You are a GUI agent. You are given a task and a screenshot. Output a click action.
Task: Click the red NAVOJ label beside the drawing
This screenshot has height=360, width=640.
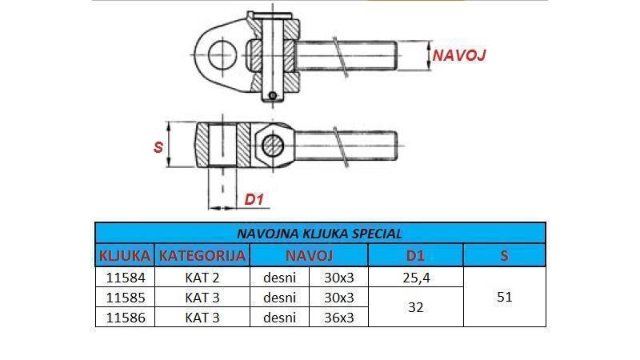tap(458, 55)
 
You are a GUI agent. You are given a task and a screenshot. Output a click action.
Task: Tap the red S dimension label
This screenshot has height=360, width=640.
tap(158, 146)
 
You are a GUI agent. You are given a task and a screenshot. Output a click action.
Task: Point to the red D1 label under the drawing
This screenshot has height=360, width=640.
tap(254, 199)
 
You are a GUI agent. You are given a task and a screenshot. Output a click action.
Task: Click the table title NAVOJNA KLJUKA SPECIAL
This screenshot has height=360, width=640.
tap(320, 234)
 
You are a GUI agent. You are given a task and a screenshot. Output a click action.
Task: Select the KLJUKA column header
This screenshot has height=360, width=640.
tap(124, 256)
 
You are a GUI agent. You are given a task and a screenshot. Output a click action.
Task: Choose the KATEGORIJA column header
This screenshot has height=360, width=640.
tap(202, 256)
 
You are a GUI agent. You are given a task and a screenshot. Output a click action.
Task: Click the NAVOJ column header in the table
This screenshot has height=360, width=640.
tap(308, 256)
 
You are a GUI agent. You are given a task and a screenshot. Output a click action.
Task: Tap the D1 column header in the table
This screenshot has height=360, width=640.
tap(415, 256)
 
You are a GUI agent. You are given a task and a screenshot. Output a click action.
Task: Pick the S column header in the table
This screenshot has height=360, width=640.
tap(504, 256)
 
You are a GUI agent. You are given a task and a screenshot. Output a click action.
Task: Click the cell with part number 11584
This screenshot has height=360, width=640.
tap(124, 278)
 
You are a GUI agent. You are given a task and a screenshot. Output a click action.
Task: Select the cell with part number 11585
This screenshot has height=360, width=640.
tap(124, 298)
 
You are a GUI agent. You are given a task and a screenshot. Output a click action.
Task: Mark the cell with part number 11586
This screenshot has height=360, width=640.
tap(124, 318)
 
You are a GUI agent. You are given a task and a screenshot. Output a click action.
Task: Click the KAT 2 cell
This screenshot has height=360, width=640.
tap(202, 278)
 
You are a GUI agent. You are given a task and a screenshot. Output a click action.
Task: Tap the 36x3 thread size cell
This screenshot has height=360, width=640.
tap(338, 318)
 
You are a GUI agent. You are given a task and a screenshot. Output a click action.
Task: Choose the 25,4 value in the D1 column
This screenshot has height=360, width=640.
tap(415, 278)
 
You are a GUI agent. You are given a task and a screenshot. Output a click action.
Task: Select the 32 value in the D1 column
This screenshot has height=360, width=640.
tap(415, 307)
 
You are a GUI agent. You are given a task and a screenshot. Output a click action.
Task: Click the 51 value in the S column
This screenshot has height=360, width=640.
tap(504, 298)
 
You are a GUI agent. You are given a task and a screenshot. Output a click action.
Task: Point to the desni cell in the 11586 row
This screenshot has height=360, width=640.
tap(279, 318)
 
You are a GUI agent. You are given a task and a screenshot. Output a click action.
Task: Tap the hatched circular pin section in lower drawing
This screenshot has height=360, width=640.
tap(272, 146)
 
